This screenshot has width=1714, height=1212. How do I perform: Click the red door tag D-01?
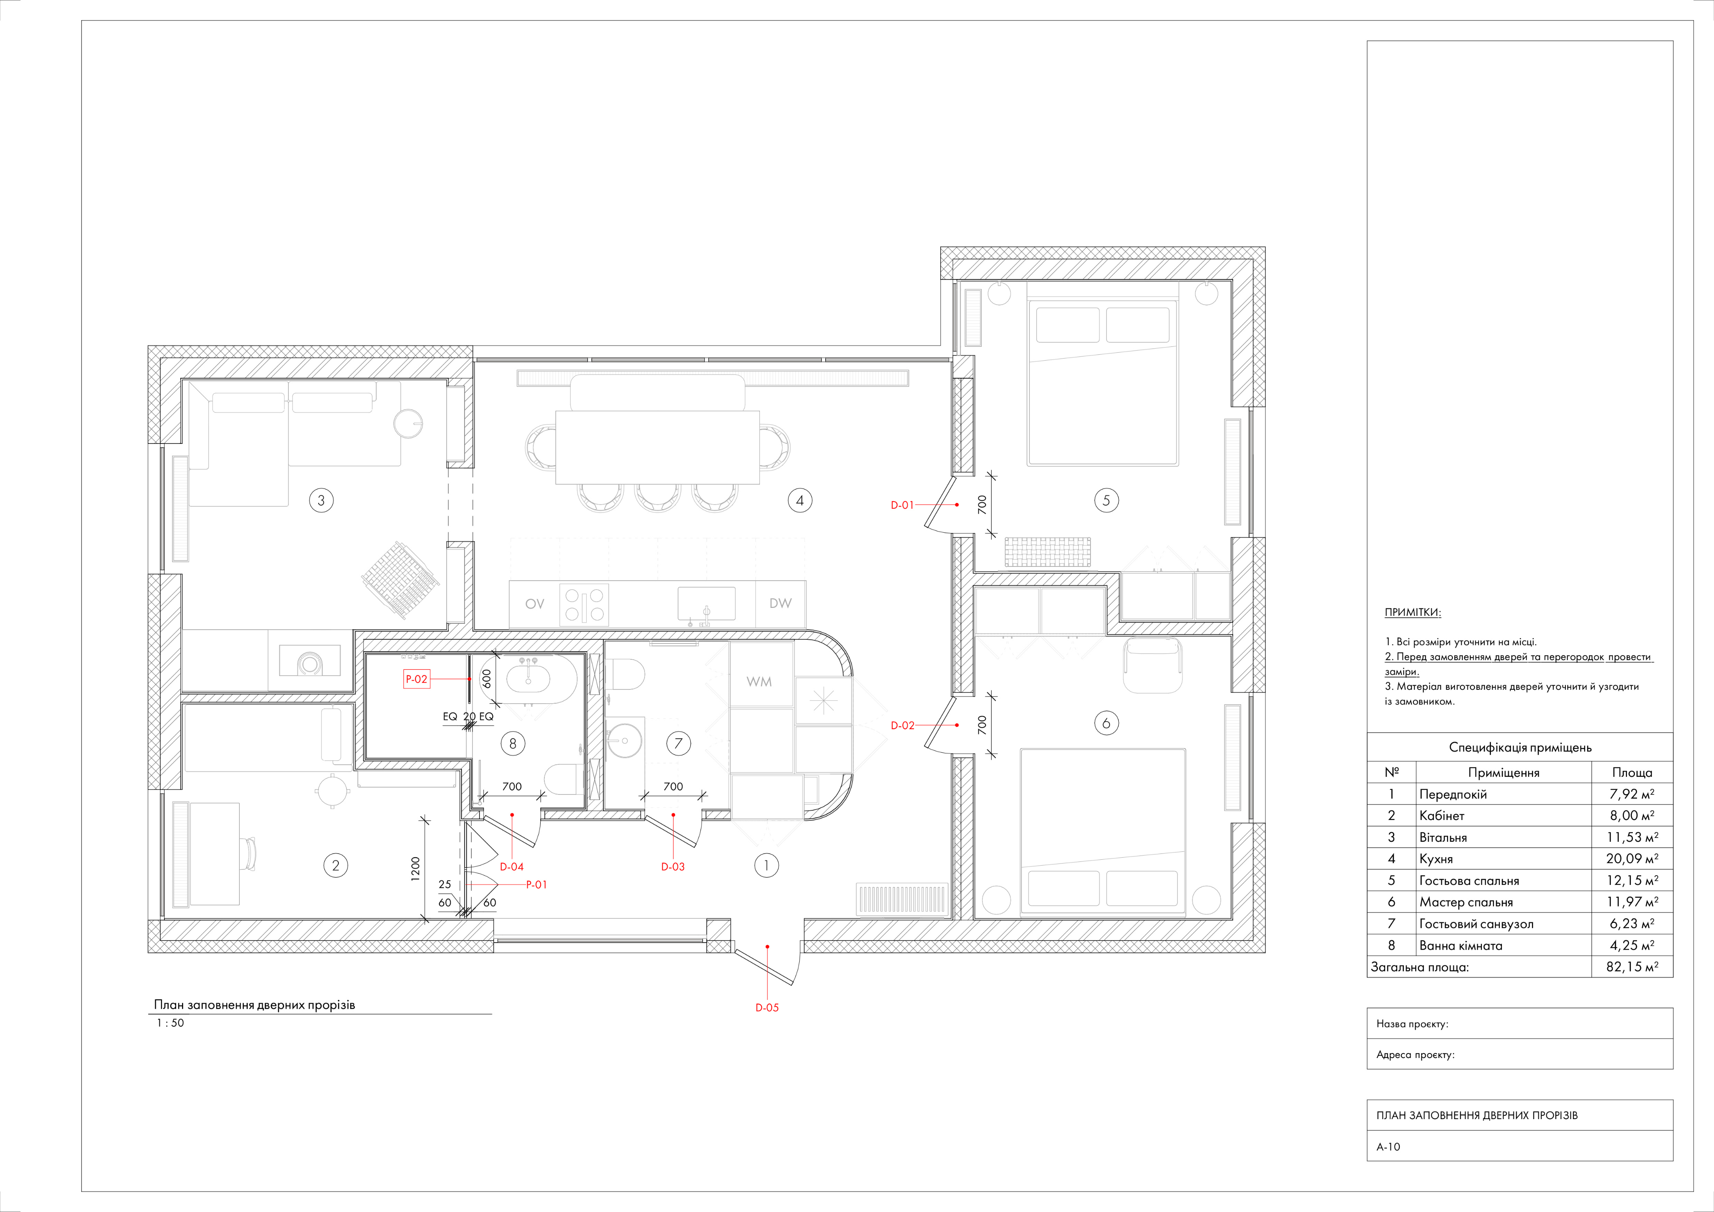[902, 505]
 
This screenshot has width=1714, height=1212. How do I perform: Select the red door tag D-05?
[767, 1007]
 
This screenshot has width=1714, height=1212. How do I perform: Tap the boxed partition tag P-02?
[416, 679]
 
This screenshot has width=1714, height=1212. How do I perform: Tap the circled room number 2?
[336, 866]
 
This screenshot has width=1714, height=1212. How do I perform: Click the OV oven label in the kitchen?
[534, 604]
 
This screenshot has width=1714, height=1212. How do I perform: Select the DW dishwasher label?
[780, 603]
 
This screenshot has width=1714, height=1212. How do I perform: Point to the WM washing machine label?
[759, 682]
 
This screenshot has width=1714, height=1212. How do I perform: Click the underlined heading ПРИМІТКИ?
[1412, 612]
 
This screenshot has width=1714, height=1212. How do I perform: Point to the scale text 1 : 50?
[170, 1023]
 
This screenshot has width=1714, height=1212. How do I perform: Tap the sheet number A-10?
[1388, 1146]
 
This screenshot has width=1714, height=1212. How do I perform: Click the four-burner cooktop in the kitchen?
[584, 605]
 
